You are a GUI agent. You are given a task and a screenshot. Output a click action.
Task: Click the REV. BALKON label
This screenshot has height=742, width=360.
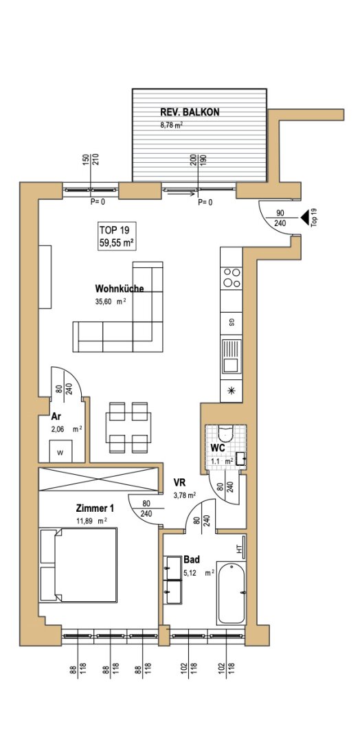(190, 112)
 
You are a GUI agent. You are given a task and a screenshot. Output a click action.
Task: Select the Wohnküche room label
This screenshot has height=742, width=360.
(120, 288)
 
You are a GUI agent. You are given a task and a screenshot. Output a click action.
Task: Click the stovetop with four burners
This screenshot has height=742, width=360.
(232, 278)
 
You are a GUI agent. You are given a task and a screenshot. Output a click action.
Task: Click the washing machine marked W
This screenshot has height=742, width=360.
(60, 451)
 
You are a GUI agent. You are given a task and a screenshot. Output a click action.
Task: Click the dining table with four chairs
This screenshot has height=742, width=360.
(128, 427)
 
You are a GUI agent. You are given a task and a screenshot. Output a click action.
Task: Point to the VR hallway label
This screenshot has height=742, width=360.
(179, 483)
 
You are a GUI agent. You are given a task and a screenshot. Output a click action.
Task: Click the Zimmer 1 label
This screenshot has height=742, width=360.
(95, 508)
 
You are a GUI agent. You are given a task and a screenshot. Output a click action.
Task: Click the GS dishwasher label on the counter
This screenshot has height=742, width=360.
(232, 323)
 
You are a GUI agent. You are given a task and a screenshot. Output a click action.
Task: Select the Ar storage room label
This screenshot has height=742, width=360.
(56, 418)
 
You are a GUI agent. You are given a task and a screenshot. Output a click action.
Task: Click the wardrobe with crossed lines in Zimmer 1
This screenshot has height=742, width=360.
(98, 479)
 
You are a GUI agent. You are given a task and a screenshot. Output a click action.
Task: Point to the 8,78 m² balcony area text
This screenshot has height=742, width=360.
(171, 126)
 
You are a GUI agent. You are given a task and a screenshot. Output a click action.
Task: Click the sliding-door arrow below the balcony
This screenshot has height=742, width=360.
(181, 193)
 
